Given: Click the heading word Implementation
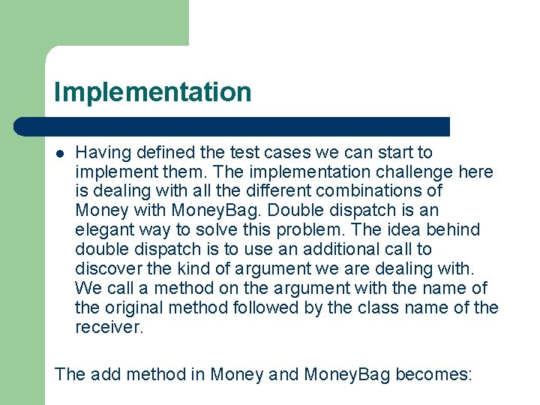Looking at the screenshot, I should click(x=152, y=92).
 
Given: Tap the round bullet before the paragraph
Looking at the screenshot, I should click(x=60, y=154).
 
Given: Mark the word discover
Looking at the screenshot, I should click(x=105, y=268).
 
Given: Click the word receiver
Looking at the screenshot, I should click(x=108, y=327).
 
